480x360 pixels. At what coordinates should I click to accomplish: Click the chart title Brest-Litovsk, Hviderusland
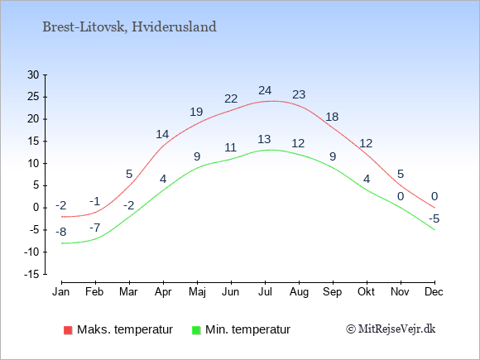[x=129, y=27]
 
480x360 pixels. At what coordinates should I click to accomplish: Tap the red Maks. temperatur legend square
[x=68, y=330]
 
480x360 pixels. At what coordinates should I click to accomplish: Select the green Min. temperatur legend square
[x=196, y=330]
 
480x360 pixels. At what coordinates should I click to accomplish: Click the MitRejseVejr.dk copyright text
[x=391, y=329]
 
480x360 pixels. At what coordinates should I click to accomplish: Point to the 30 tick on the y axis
[x=33, y=74]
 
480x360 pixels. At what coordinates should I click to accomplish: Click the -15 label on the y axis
[x=31, y=274]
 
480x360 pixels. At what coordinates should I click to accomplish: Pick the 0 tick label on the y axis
[x=36, y=208]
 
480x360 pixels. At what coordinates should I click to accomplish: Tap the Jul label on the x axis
[x=265, y=292]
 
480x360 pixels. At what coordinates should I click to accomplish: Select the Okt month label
[x=366, y=292]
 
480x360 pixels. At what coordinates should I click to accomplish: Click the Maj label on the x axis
[x=197, y=292]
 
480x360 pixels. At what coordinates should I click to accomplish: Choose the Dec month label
[x=434, y=292]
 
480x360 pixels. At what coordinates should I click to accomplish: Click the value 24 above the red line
[x=265, y=90]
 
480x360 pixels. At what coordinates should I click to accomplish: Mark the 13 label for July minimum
[x=264, y=139]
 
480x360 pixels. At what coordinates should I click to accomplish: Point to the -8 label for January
[x=61, y=232]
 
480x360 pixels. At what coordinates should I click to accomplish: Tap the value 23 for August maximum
[x=299, y=94]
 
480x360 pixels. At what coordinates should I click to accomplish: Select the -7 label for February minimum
[x=95, y=228]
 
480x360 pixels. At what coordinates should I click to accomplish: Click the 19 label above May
[x=196, y=112]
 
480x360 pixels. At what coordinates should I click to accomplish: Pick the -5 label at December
[x=434, y=218]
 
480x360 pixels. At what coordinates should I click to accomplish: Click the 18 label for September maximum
[x=332, y=117]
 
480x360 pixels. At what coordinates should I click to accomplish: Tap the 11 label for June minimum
[x=231, y=148]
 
